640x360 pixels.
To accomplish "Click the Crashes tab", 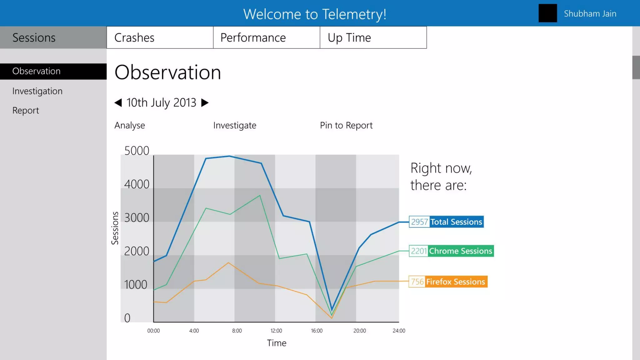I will pyautogui.click(x=160, y=37).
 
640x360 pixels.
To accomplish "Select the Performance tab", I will pyautogui.click(x=266, y=37).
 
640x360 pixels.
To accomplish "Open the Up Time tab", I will pyautogui.click(x=373, y=37).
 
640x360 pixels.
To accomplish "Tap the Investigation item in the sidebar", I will pyautogui.click(x=37, y=91).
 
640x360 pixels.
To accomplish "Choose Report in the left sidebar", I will pyautogui.click(x=26, y=110).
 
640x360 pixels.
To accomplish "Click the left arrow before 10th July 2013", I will pyautogui.click(x=118, y=102).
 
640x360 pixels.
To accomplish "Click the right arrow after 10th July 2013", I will pyautogui.click(x=205, y=102).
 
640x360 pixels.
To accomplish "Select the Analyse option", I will pyautogui.click(x=130, y=125).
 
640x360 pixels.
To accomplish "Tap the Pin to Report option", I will pyautogui.click(x=346, y=125).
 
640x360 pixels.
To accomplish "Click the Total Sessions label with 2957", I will pyautogui.click(x=446, y=222).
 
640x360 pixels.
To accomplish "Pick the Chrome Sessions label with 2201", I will pyautogui.click(x=451, y=251).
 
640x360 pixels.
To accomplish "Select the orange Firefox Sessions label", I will pyautogui.click(x=448, y=282).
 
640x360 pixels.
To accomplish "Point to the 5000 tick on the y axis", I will pyautogui.click(x=137, y=151).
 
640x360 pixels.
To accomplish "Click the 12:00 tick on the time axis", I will pyautogui.click(x=276, y=331).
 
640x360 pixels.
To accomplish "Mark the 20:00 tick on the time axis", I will pyautogui.click(x=359, y=331).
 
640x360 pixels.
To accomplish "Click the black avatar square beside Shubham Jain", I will pyautogui.click(x=547, y=13).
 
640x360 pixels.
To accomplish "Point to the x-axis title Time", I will pyautogui.click(x=277, y=343).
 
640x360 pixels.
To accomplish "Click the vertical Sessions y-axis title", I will pyautogui.click(x=115, y=228).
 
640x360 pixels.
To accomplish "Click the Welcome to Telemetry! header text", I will pyautogui.click(x=315, y=14).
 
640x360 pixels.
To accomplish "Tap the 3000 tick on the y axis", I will pyautogui.click(x=137, y=218).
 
